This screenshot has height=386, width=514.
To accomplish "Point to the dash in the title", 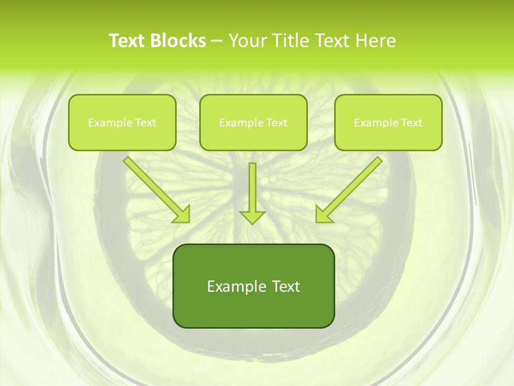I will (x=217, y=41).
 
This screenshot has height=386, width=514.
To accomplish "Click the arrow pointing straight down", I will (x=252, y=190).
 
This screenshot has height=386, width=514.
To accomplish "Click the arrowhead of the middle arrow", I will (x=252, y=217).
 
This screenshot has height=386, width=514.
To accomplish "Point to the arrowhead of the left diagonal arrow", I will (x=182, y=214).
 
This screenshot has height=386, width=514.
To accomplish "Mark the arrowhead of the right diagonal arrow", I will (x=323, y=214).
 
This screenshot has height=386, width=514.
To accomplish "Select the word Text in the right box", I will (x=411, y=123).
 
